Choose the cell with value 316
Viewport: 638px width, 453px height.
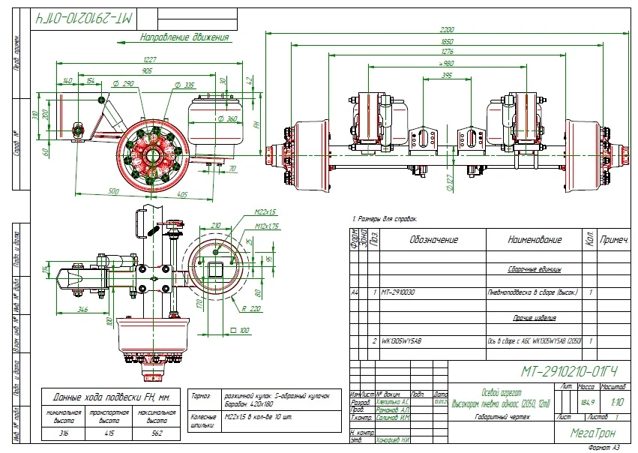64,433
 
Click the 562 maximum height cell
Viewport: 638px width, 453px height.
156,433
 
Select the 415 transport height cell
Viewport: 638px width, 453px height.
110,433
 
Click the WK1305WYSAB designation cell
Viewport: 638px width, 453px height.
403,341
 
